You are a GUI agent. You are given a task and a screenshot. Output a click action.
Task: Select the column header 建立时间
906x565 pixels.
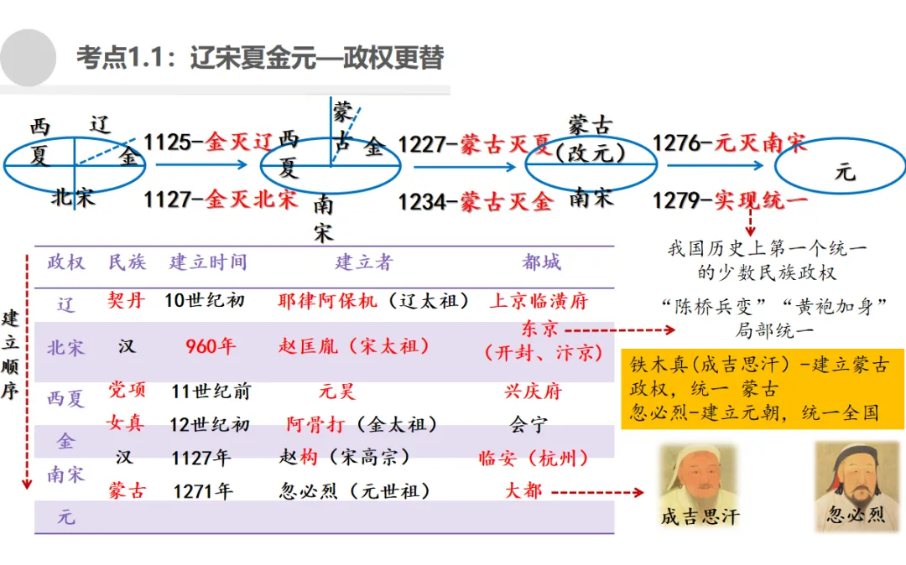click(x=208, y=262)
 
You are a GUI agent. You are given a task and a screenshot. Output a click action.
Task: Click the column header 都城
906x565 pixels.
click(x=541, y=262)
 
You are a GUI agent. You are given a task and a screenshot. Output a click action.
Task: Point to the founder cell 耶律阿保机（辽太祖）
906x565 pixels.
click(x=374, y=300)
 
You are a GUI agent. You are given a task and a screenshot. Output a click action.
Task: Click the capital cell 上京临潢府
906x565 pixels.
click(x=539, y=300)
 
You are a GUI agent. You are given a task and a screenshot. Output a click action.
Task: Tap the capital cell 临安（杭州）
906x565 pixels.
click(x=534, y=458)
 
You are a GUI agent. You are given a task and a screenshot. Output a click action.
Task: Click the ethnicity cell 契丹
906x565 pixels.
click(x=127, y=300)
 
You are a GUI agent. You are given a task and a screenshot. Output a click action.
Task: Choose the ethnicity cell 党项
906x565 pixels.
click(x=127, y=390)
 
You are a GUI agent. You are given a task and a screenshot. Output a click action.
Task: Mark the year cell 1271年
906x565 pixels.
click(x=202, y=491)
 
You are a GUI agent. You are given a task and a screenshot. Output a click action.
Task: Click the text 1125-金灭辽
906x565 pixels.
click(x=209, y=142)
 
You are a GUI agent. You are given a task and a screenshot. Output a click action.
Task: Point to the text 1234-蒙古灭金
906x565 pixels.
click(x=475, y=202)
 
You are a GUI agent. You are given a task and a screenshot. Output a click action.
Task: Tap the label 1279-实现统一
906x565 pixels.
click(x=730, y=201)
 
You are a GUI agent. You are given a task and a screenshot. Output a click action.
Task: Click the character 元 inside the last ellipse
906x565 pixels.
click(x=844, y=173)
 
